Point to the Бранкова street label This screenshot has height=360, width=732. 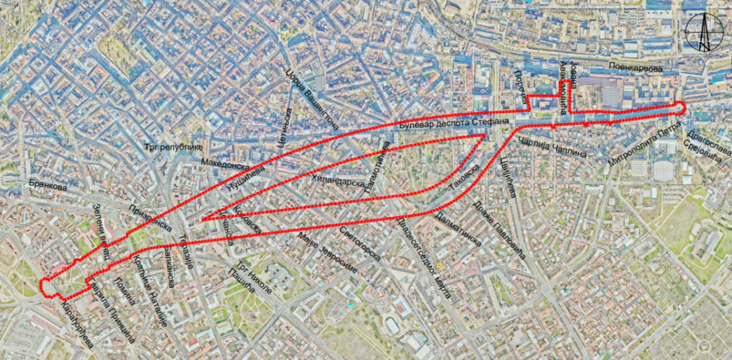(x=48, y=188)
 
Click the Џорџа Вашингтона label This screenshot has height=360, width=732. (x=312, y=99)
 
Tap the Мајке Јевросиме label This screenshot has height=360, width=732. (x=328, y=254)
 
